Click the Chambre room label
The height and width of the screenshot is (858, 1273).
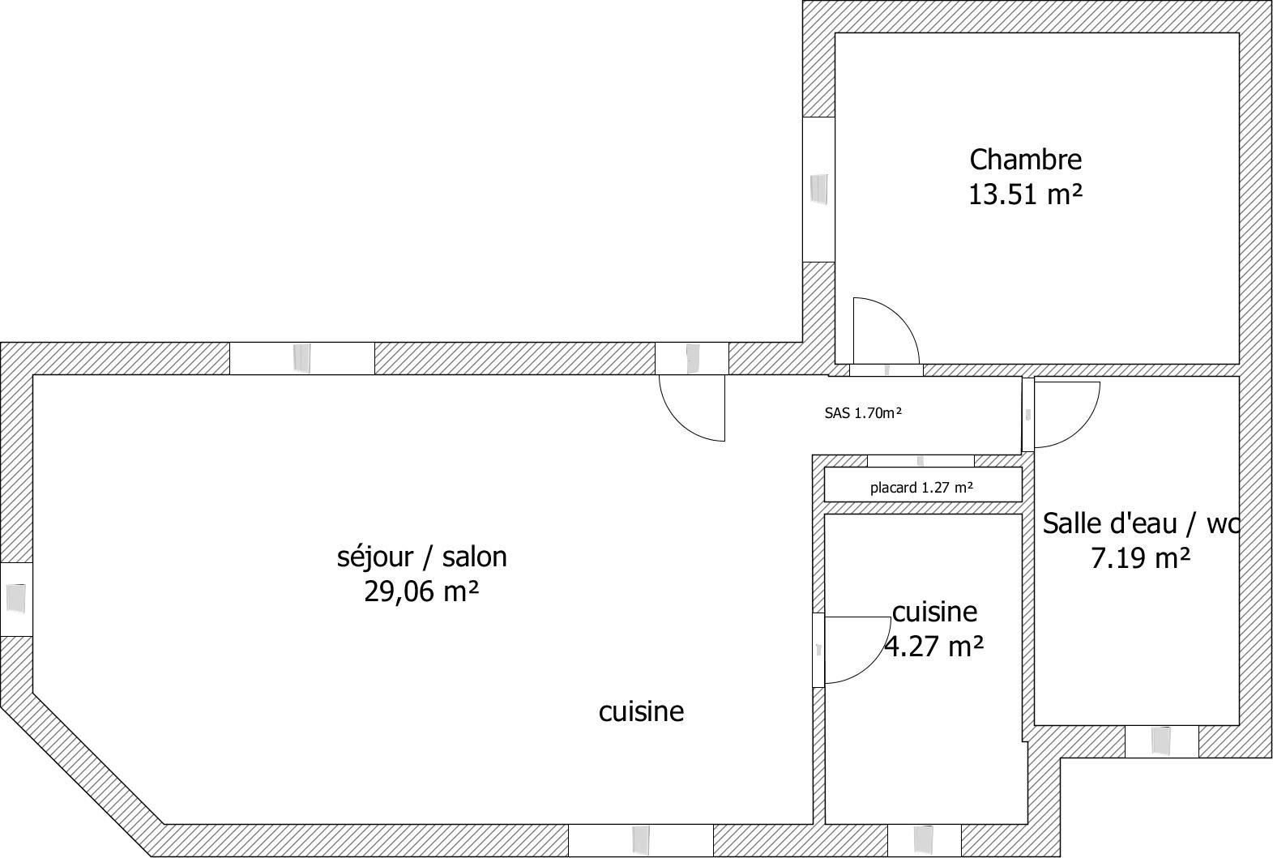tap(1025, 160)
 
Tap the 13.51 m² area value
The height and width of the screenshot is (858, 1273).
tap(1025, 194)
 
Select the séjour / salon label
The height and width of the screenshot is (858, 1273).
tap(421, 557)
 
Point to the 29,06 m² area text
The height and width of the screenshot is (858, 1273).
tap(421, 591)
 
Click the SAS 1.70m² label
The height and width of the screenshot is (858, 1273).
tap(863, 413)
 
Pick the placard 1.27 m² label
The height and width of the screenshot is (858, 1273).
tap(922, 488)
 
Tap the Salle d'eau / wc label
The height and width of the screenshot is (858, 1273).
tap(1141, 523)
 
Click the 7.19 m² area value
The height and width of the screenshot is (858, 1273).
tap(1141, 558)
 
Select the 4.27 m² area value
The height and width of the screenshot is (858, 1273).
tap(934, 646)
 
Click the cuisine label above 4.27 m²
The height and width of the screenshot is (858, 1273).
tap(935, 612)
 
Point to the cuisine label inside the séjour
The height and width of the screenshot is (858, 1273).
tap(641, 711)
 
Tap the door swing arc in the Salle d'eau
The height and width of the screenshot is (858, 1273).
tap(1080, 428)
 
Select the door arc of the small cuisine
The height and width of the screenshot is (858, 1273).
tap(871, 663)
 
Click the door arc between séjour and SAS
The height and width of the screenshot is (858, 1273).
tap(678, 421)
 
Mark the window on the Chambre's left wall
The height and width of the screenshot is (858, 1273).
tap(818, 190)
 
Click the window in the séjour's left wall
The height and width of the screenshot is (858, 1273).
tap(16, 599)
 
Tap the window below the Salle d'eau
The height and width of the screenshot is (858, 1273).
tap(1162, 741)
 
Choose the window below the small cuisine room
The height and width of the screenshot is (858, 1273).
tap(924, 840)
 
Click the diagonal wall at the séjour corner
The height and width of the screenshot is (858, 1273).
tap(83, 775)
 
